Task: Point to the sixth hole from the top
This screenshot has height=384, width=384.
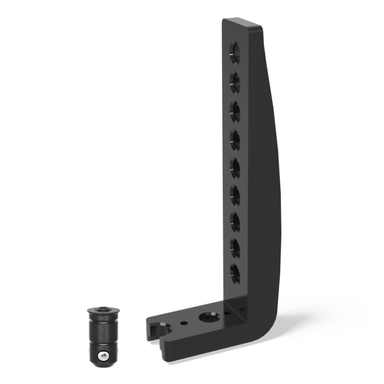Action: pos(235,195)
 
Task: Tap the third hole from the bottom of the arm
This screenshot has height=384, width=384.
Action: pos(235,222)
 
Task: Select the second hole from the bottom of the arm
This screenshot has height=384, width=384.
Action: pos(235,248)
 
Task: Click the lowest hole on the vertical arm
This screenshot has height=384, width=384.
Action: pos(235,273)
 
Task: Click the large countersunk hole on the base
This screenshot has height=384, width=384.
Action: pos(208,317)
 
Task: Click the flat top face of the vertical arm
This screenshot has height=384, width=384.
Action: pos(244,24)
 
